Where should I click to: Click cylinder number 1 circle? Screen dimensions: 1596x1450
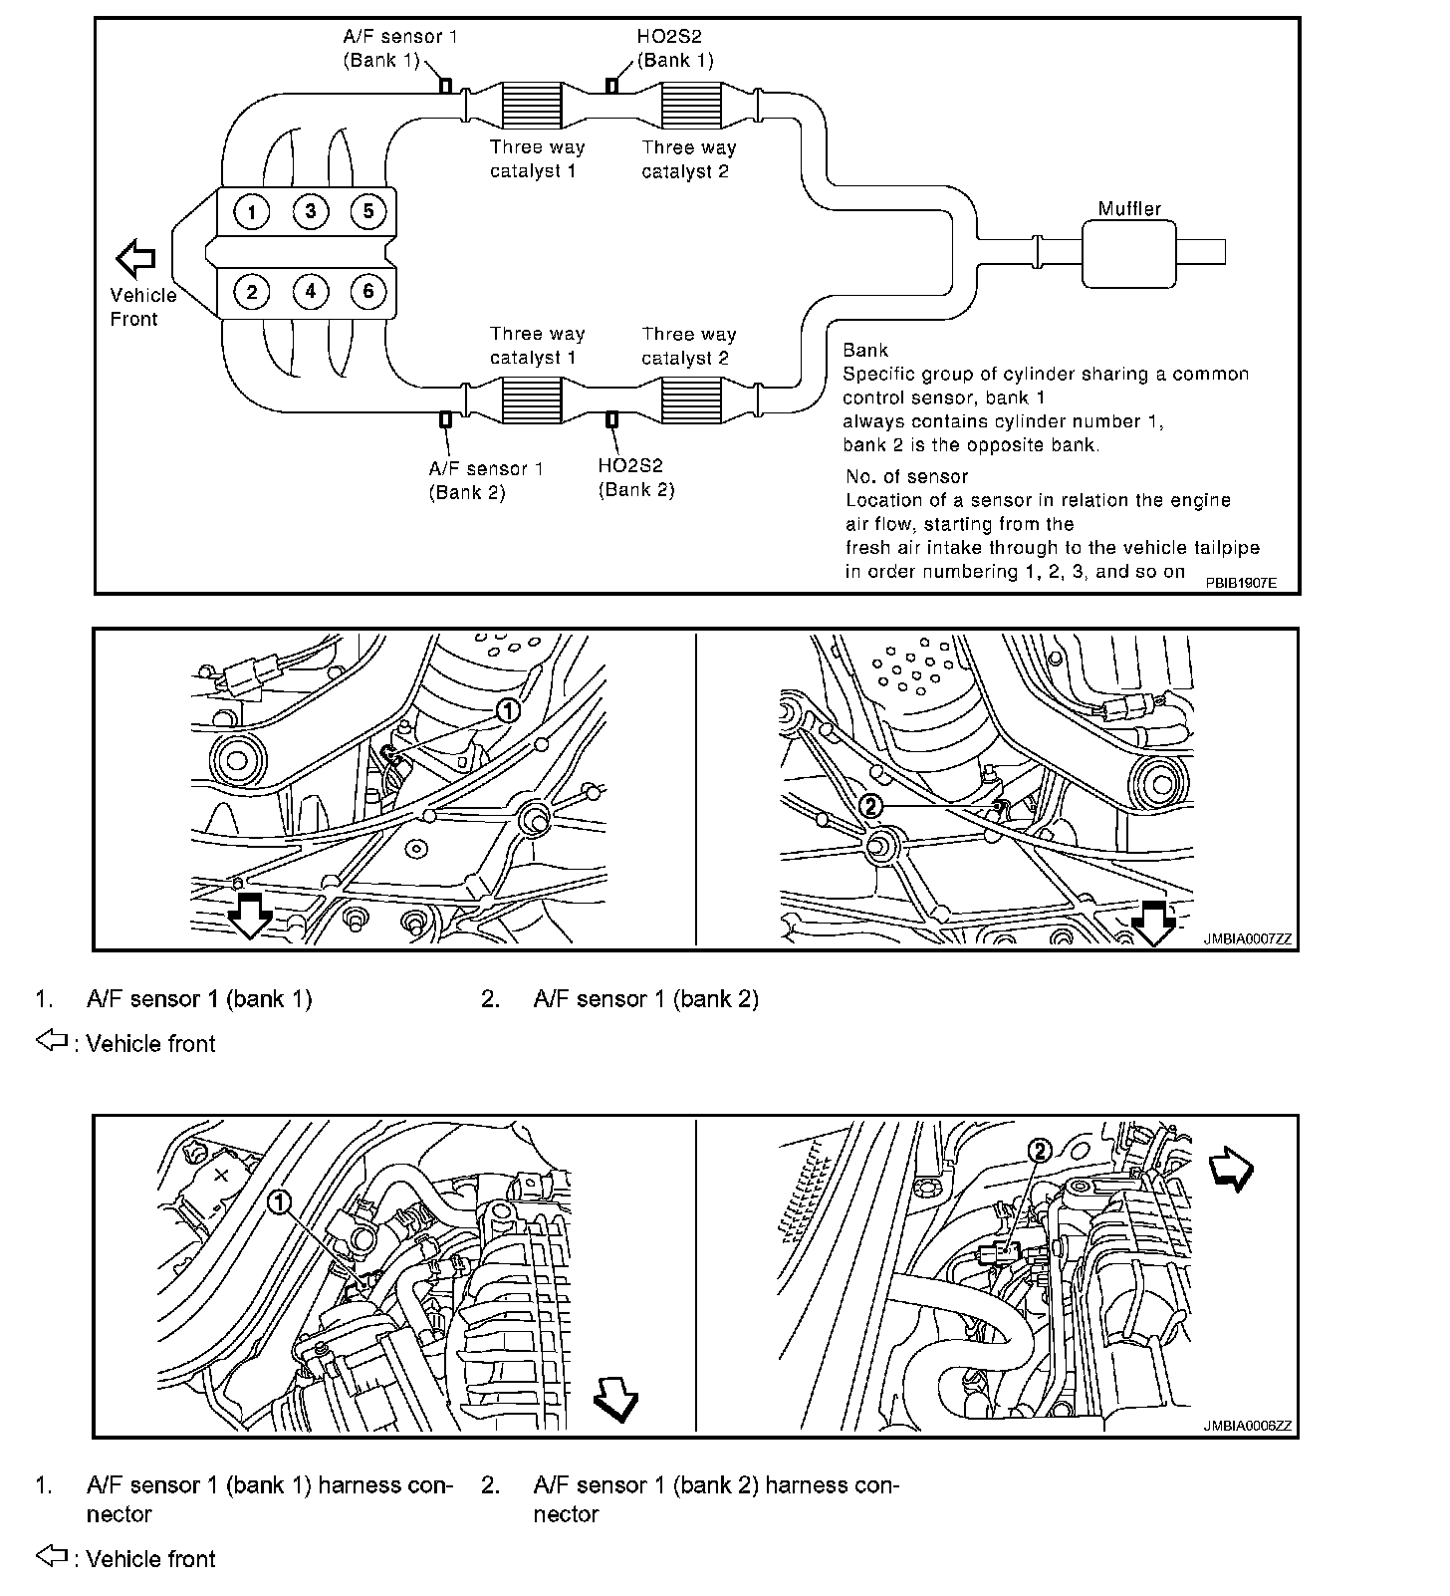252,211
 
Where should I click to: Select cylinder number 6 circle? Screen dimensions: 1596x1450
368,291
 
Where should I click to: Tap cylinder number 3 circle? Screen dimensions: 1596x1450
311,211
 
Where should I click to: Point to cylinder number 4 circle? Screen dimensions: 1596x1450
311,291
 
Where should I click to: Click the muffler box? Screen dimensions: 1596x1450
1128,253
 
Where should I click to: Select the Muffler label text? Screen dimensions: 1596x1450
1129,209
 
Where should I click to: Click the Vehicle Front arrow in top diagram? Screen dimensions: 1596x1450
136,259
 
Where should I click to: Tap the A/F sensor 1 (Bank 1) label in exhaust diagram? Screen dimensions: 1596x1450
400,48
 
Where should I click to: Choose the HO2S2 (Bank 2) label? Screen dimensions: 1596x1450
636,477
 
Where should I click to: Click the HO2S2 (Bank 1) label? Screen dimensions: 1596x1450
674,48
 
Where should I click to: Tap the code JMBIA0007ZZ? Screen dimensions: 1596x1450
1247,938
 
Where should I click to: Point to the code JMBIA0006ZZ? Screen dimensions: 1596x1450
1247,1425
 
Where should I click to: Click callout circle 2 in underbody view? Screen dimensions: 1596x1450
870,806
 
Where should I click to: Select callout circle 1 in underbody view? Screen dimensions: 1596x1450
507,710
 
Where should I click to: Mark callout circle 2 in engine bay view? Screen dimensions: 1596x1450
1039,1152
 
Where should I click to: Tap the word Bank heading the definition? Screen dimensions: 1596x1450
864,350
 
